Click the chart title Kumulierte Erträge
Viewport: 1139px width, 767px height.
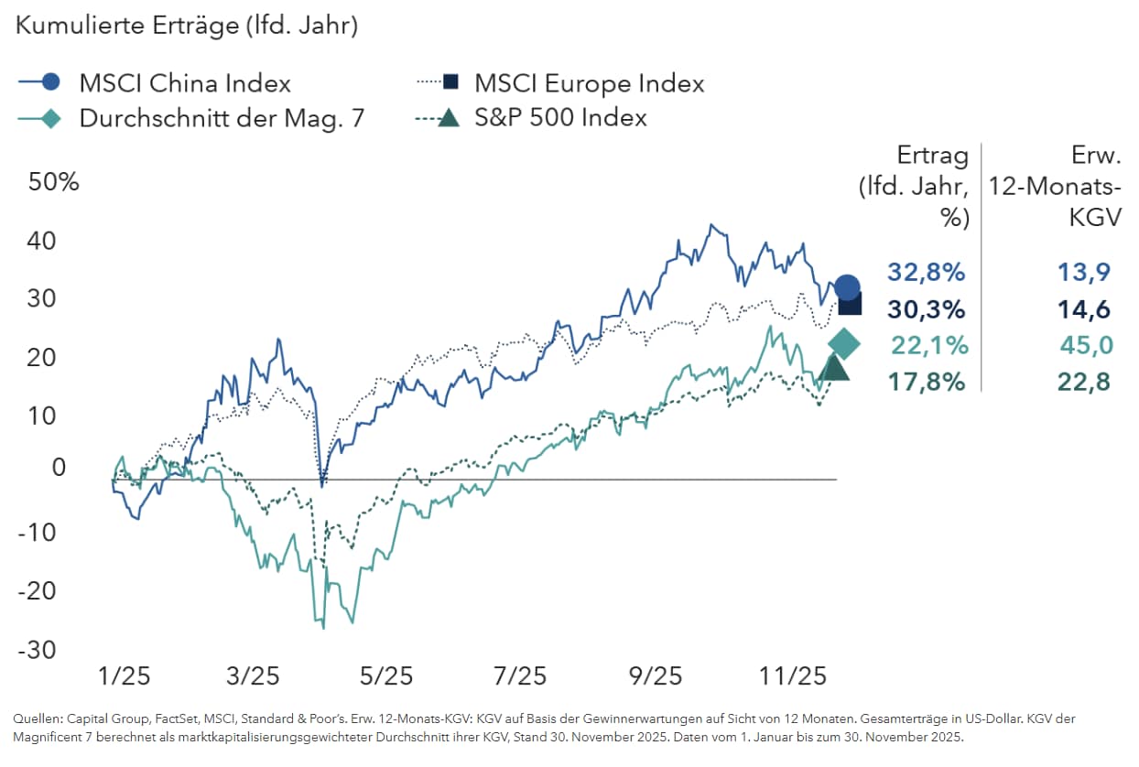[185, 27]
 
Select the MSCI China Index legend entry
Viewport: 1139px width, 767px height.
[184, 83]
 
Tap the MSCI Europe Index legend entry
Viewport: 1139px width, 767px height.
[589, 83]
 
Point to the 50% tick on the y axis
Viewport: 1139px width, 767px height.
[55, 181]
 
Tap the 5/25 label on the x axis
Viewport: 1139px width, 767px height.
[385, 677]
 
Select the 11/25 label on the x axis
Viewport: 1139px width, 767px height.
[794, 677]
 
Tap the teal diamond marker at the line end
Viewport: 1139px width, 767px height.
[844, 344]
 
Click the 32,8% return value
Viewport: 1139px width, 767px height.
[926, 272]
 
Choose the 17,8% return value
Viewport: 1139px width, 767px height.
[926, 382]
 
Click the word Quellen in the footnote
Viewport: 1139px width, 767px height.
[35, 718]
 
